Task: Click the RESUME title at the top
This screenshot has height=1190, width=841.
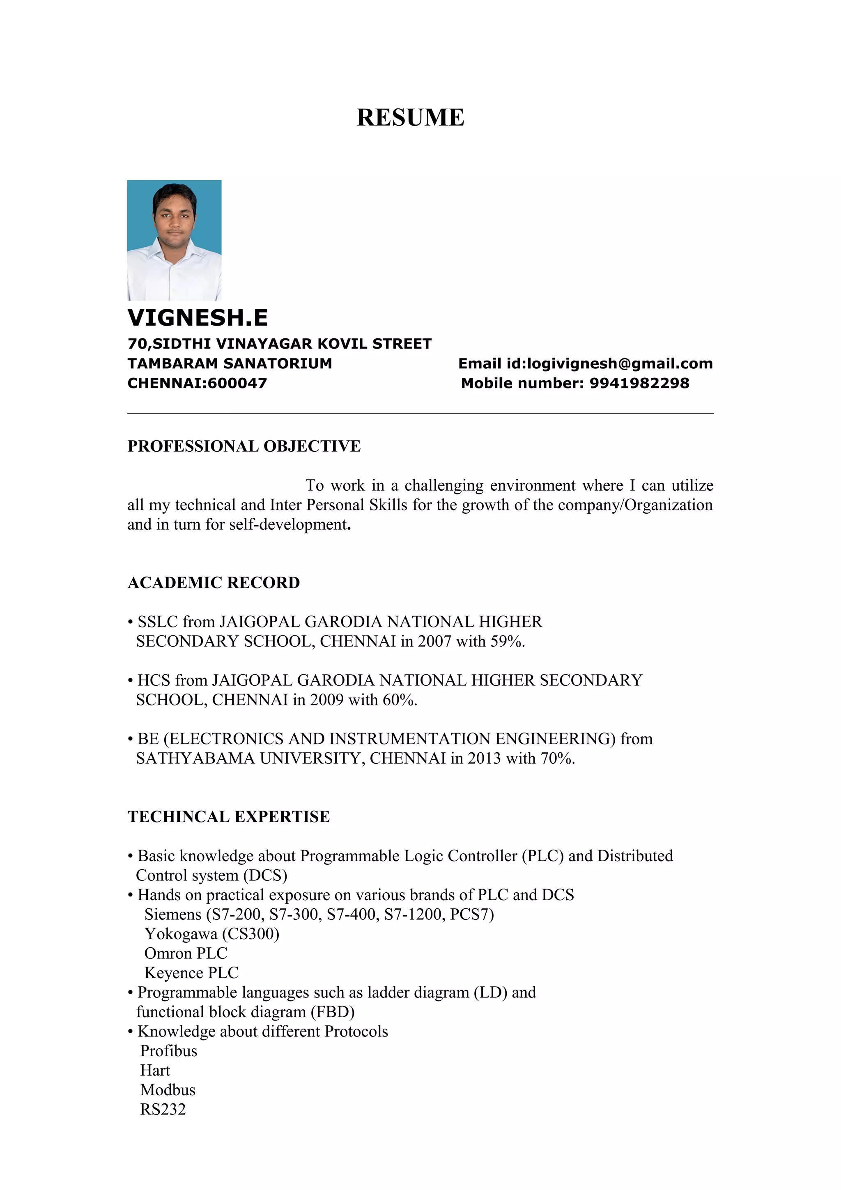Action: pos(410,118)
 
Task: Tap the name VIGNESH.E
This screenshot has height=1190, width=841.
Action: pos(198,318)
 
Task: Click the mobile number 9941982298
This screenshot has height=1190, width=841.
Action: pos(639,384)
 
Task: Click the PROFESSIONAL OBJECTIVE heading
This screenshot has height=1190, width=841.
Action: pos(244,446)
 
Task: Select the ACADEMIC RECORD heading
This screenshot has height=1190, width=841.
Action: pos(214,583)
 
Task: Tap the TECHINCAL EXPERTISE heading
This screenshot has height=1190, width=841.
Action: pos(228,817)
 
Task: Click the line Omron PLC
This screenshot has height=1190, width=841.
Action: pos(186,953)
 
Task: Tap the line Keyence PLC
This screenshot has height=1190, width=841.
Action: pos(191,973)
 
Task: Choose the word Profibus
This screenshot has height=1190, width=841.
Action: pos(169,1051)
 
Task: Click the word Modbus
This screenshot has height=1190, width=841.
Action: pos(168,1090)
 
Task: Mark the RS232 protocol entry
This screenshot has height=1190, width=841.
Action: pos(163,1110)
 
